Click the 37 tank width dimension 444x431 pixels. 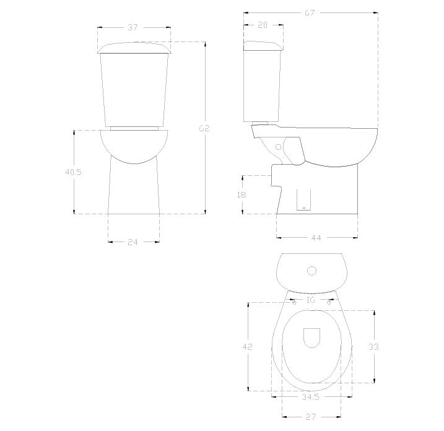tap(133, 27)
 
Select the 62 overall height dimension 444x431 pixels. tap(204, 128)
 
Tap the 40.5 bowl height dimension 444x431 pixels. tap(73, 172)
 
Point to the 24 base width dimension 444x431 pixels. tap(133, 242)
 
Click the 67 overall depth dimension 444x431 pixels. tap(310, 13)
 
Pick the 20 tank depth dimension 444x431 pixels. tap(263, 25)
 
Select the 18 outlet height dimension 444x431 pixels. tap(242, 195)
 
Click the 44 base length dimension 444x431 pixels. tap(316, 238)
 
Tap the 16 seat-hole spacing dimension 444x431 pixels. tap(311, 300)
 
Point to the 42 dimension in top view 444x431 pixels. tap(247, 347)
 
